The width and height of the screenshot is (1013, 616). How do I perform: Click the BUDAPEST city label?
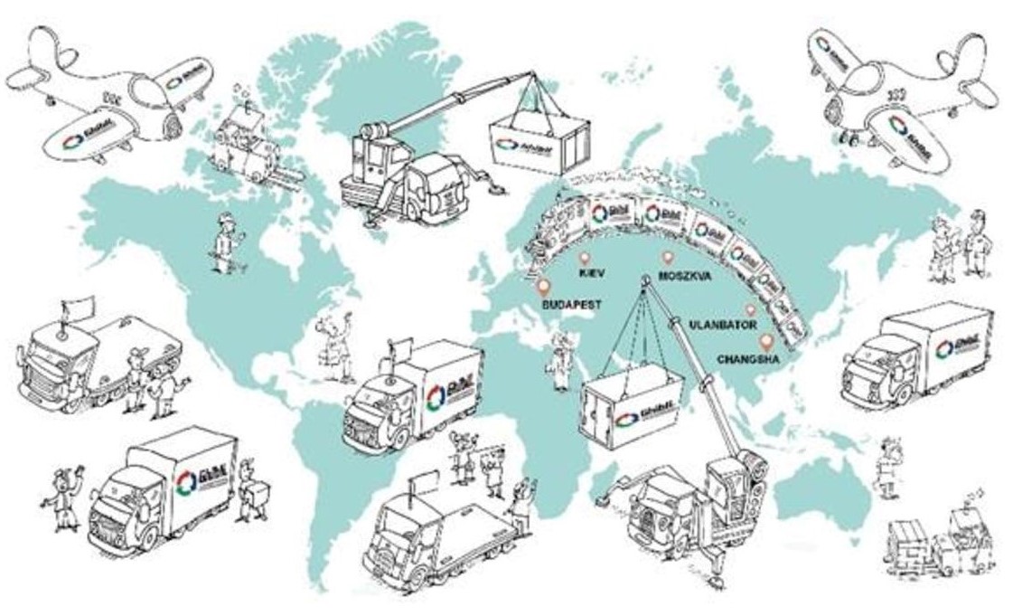[572, 306]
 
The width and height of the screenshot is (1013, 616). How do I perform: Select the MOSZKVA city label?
[683, 273]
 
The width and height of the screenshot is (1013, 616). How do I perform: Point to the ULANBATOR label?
[723, 323]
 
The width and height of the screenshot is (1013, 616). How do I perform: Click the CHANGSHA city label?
[746, 359]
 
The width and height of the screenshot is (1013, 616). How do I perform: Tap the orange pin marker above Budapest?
[542, 288]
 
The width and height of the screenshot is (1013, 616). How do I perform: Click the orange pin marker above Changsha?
[767, 342]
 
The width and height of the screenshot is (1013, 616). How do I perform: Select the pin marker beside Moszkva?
[668, 258]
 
